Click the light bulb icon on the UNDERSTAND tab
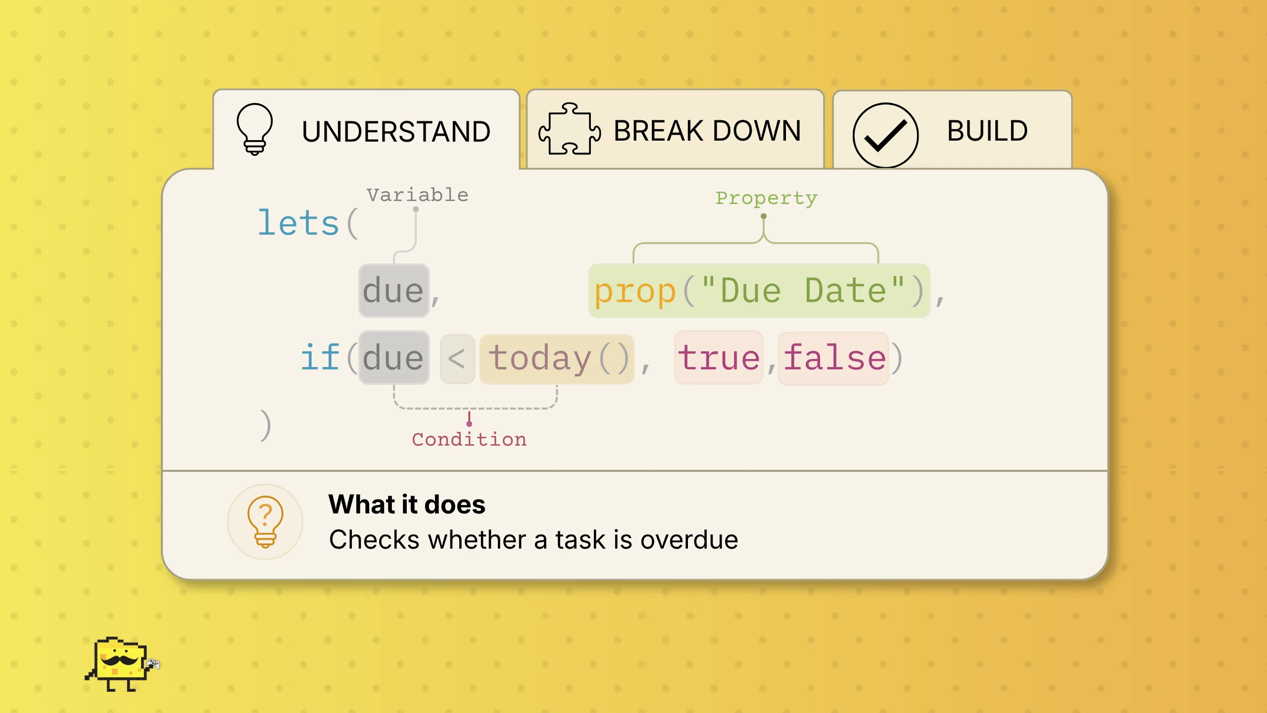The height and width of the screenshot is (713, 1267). pyautogui.click(x=254, y=129)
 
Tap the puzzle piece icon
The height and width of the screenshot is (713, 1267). pyautogui.click(x=569, y=129)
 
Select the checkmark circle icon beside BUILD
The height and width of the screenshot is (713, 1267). pyautogui.click(x=885, y=135)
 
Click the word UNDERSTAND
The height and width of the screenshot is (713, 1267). pyautogui.click(x=396, y=132)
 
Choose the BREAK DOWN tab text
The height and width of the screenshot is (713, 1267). pyautogui.click(x=707, y=131)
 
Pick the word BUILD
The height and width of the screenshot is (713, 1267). pyautogui.click(x=987, y=131)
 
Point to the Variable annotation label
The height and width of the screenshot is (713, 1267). pyautogui.click(x=417, y=195)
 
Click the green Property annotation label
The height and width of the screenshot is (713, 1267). pyautogui.click(x=766, y=198)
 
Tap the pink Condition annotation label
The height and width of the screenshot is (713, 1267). pyautogui.click(x=469, y=439)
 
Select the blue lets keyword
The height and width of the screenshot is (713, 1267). pyautogui.click(x=298, y=223)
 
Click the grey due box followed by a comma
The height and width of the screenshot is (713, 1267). pyautogui.click(x=394, y=291)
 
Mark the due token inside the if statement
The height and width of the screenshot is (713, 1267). pyautogui.click(x=394, y=357)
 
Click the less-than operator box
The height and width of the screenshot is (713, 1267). pyautogui.click(x=457, y=359)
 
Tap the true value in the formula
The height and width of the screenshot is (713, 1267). pyautogui.click(x=719, y=357)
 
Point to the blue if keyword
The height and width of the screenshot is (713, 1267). pyautogui.click(x=320, y=356)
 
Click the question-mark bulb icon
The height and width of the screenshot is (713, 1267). pyautogui.click(x=265, y=522)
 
